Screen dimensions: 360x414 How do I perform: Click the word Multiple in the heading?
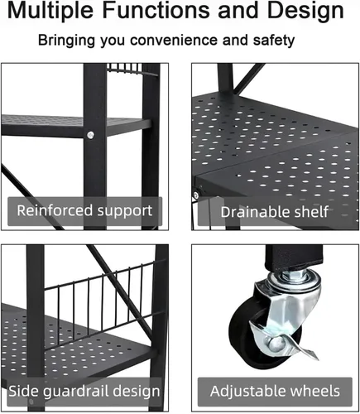tap(50, 11)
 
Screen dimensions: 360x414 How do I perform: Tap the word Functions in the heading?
tap(156, 10)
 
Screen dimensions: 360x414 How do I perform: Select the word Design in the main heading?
tap(305, 11)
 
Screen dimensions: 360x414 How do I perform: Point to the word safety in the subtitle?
tap(274, 41)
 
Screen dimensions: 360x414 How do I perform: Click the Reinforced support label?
tap(84, 211)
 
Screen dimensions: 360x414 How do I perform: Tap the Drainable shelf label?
tap(275, 212)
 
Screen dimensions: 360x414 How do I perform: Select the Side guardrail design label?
tap(84, 392)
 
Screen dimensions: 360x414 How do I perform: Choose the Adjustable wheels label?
tap(275, 391)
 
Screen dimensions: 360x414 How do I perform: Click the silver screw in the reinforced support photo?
tap(90, 135)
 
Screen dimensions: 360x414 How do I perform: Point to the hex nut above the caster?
tap(293, 275)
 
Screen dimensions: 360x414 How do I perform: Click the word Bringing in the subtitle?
tap(66, 41)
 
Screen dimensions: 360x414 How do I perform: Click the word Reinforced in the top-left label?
tap(55, 210)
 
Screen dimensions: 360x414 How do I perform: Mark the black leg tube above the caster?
tap(294, 256)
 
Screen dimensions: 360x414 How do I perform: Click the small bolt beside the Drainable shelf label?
tap(196, 195)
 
